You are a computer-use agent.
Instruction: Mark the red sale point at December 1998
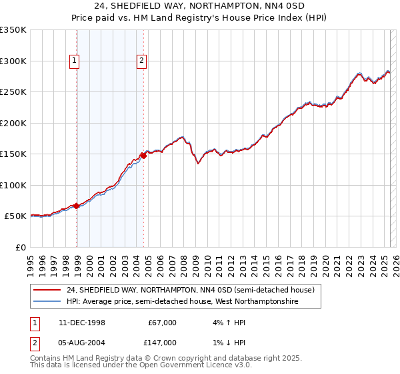(x=77, y=206)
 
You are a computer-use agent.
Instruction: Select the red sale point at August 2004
(x=143, y=156)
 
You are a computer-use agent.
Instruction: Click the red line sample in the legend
(x=47, y=290)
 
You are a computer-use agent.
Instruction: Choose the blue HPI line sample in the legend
(x=47, y=302)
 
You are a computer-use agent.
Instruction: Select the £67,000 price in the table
(x=162, y=323)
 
